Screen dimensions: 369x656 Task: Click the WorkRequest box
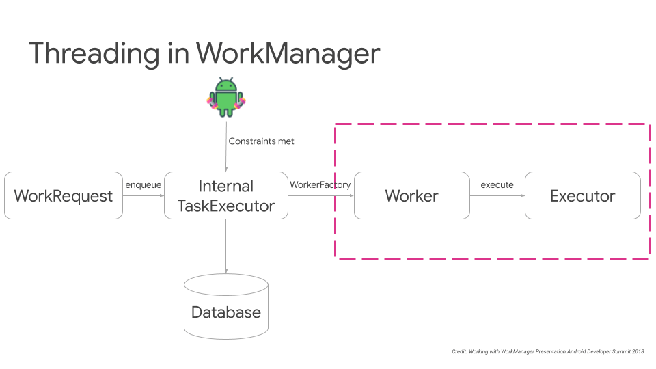coord(63,196)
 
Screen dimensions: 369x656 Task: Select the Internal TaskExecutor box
coord(225,196)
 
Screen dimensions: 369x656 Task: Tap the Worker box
coord(411,196)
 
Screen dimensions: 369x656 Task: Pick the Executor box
coord(582,196)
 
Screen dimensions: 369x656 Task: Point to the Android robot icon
coord(225,96)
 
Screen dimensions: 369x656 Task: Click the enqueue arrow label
coord(143,185)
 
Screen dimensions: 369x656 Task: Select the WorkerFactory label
coord(320,185)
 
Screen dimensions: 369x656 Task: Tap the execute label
coord(497,185)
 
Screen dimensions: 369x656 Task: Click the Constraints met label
coord(261,141)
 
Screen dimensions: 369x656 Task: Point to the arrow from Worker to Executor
coord(497,196)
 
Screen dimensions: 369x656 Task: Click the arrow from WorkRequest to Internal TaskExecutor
coord(143,196)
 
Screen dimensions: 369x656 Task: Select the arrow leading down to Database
coord(225,246)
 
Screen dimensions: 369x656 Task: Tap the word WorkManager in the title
coord(287,53)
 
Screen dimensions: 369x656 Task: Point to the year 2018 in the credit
coord(637,351)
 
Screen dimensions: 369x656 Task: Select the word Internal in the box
coord(225,186)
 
